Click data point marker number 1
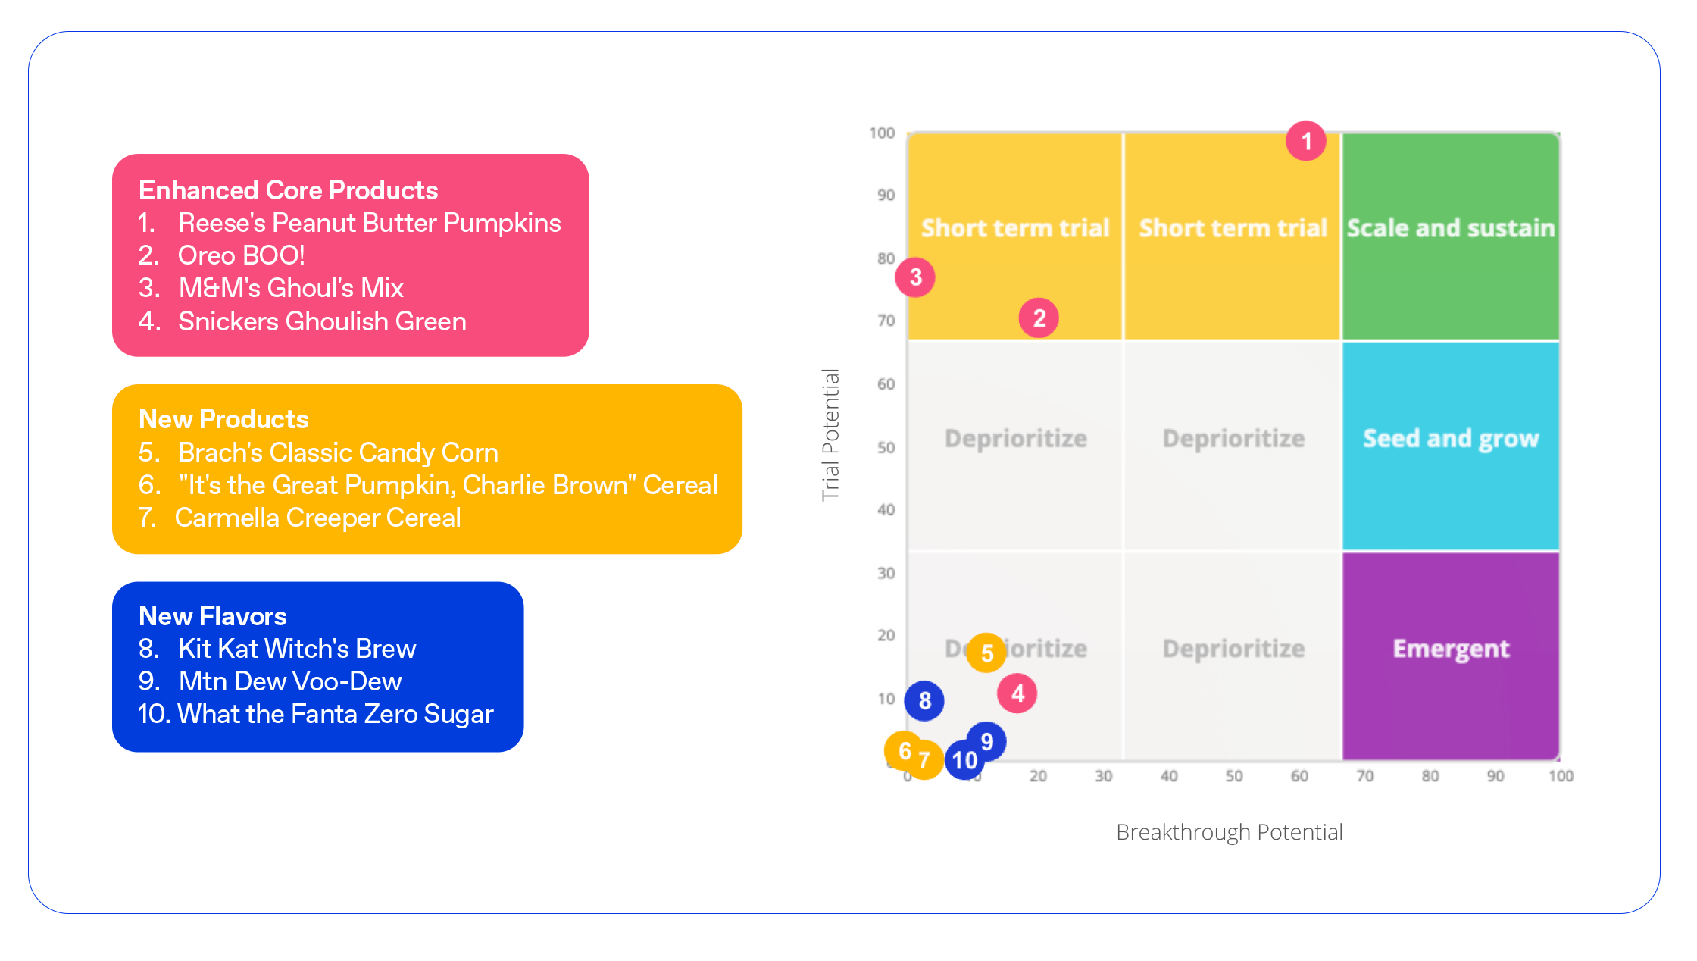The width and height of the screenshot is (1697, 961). point(1306,141)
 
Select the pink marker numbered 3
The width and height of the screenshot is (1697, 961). point(915,277)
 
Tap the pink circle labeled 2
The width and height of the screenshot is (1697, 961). point(1039,318)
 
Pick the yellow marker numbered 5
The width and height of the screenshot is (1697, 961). point(986,653)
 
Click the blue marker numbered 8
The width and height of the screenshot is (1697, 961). point(924,700)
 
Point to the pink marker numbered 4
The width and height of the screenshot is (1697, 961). point(1017,693)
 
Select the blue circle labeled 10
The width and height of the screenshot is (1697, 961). point(964,759)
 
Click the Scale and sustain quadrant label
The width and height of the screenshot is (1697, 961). point(1450,228)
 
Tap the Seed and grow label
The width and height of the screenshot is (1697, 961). point(1451,439)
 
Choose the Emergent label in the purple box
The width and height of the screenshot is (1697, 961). point(1451,649)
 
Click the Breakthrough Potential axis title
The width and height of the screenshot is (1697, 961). point(1229,832)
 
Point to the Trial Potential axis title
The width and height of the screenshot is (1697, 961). point(831,435)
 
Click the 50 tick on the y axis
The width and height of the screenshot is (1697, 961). point(886,447)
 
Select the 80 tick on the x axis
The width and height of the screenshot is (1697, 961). point(1430,776)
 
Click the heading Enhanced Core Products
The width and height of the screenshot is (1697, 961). point(289,190)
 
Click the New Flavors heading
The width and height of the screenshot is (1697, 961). point(213,616)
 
